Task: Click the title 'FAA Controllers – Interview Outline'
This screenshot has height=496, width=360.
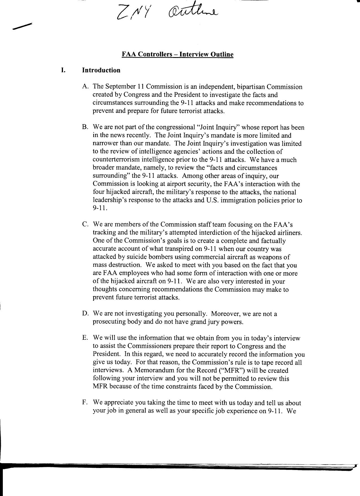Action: point(178,54)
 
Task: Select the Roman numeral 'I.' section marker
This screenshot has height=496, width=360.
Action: point(64,70)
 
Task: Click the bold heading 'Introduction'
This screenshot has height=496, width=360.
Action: point(101,70)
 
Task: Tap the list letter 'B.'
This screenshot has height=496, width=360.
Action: point(86,127)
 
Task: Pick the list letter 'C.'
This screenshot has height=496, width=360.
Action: point(86,224)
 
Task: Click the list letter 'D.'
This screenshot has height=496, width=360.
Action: point(86,313)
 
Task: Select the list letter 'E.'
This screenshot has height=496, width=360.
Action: point(86,338)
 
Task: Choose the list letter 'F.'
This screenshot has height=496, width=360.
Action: point(85,403)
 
